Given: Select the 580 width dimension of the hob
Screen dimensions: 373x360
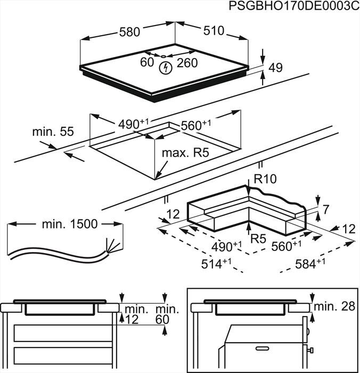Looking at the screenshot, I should [x=129, y=32].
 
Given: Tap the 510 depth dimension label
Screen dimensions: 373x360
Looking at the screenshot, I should [x=214, y=30].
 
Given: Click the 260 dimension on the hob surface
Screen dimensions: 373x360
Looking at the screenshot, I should [x=187, y=63].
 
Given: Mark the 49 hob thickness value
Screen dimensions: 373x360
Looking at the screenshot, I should [x=275, y=68].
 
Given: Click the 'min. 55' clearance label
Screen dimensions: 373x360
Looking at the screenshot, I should [x=52, y=131].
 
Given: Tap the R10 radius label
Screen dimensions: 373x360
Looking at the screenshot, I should [x=265, y=180].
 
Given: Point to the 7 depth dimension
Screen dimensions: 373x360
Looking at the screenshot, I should [x=326, y=208].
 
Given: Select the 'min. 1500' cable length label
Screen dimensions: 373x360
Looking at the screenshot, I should [x=70, y=224].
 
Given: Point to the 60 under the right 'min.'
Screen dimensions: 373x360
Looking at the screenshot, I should [x=162, y=319].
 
